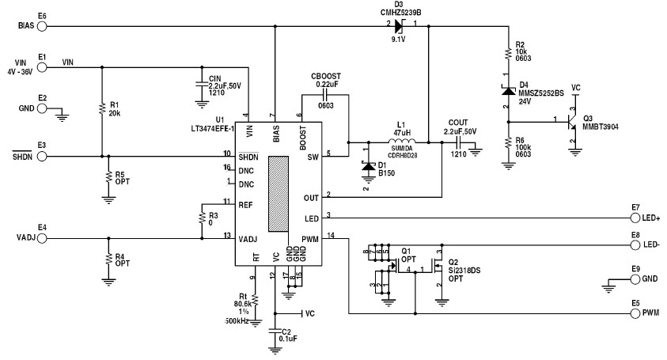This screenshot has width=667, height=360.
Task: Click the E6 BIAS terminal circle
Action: [43, 26]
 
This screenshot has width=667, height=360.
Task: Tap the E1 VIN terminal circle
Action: [43, 66]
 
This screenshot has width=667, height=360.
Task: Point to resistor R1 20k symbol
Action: [102, 108]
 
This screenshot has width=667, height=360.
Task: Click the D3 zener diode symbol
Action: [399, 26]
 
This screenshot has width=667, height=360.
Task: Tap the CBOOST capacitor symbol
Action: [325, 94]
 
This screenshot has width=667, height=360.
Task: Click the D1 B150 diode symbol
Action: [365, 167]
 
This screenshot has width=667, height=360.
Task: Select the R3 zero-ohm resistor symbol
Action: [202, 219]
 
